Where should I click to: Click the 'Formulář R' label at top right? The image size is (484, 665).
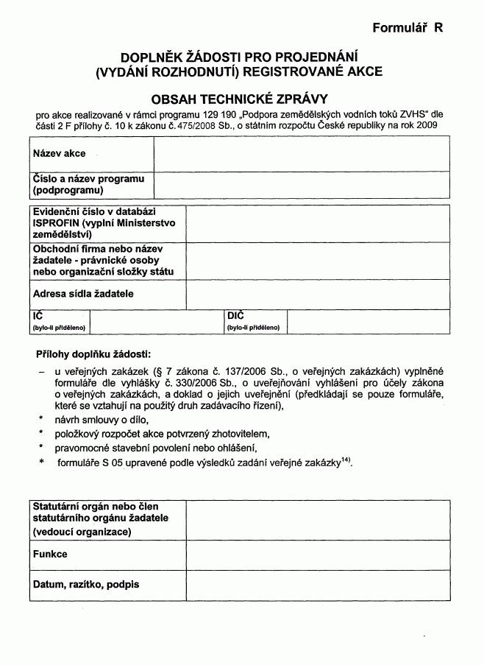coord(408,28)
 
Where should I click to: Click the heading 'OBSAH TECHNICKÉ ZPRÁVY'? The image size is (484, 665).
coord(239,98)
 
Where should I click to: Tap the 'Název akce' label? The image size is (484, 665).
coord(59,154)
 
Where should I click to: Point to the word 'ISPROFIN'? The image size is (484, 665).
coord(56,223)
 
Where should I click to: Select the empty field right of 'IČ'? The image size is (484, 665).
coord(156,322)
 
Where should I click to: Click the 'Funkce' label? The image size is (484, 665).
coord(50,554)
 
